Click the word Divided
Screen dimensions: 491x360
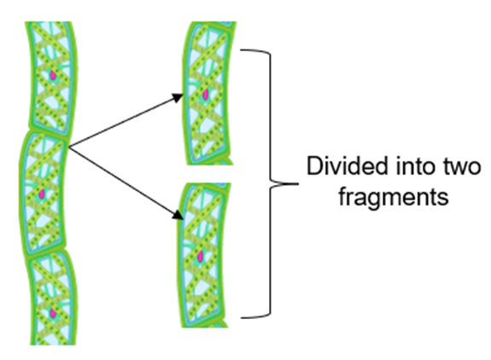click(348, 165)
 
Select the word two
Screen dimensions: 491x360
click(461, 166)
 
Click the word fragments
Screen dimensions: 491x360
click(394, 197)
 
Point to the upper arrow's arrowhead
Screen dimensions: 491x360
click(178, 97)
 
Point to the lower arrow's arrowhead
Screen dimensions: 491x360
click(178, 215)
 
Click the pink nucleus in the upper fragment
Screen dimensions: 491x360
click(206, 95)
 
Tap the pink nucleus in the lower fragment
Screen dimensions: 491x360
click(201, 257)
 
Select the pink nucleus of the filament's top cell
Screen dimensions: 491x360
click(53, 75)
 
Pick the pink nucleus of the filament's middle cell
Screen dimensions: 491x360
click(42, 195)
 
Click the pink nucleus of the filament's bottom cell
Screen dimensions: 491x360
click(53, 313)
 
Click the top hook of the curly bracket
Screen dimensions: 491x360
click(255, 50)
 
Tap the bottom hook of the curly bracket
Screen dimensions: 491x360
click(255, 316)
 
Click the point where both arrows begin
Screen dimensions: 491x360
click(69, 147)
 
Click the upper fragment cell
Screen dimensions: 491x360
click(207, 93)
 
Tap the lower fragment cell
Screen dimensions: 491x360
click(202, 255)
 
